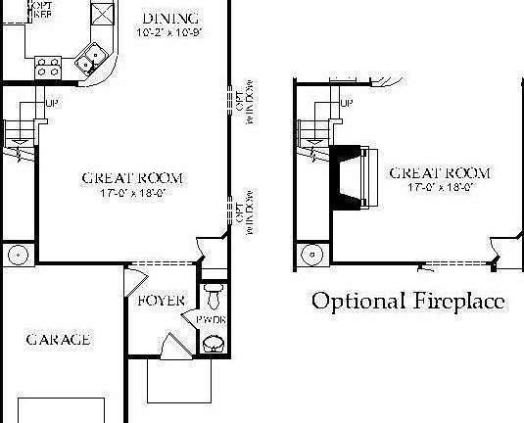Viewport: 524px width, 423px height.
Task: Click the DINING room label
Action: pos(170,18)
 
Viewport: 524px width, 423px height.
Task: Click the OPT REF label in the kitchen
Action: pos(40,10)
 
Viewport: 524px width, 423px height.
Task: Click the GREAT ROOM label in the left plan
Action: pos(132,178)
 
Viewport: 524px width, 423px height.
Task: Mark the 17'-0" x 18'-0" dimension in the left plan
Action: pos(132,193)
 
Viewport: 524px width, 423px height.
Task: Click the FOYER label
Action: pos(161,300)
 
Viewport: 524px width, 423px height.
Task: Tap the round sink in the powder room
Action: pos(213,343)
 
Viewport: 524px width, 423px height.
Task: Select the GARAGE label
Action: pos(58,340)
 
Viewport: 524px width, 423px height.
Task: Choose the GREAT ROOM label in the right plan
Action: pos(440,172)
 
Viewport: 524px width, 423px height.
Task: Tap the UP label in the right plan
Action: pos(346,102)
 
